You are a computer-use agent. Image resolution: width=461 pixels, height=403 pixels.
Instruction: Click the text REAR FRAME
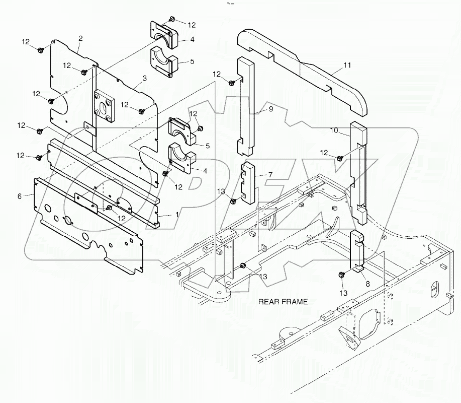(x=283, y=302)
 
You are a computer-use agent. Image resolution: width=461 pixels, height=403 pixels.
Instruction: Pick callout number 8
(x=367, y=284)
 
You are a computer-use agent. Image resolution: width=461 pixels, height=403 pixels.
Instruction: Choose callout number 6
(x=20, y=196)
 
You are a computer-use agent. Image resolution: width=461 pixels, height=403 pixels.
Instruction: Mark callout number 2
(x=80, y=38)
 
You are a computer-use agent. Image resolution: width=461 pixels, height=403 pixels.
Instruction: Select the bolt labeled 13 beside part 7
(x=233, y=201)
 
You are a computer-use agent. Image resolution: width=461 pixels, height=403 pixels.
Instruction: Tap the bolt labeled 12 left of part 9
(x=231, y=83)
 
